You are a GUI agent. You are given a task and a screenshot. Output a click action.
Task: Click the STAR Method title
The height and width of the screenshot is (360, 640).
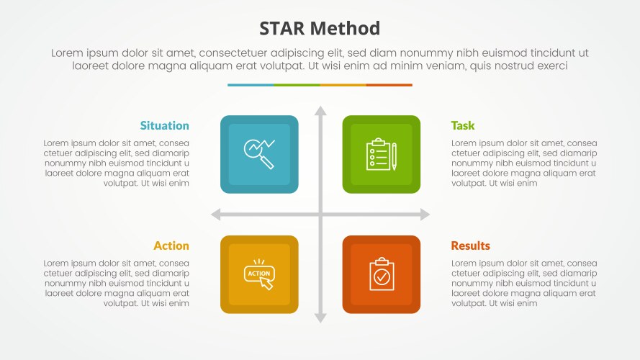[x=320, y=29]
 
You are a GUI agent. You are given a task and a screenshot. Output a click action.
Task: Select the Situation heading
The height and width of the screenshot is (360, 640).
[x=165, y=125]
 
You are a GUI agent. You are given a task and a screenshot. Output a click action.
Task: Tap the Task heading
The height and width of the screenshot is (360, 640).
[x=463, y=125]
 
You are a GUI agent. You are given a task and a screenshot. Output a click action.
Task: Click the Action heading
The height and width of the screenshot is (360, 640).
[x=171, y=246]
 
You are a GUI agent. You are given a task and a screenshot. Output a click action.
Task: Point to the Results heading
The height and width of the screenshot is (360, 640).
[x=470, y=246]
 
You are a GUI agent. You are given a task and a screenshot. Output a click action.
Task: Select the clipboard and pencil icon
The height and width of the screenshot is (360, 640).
[x=381, y=154]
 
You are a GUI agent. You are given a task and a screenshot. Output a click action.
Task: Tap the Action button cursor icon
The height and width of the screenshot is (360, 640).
[x=259, y=275]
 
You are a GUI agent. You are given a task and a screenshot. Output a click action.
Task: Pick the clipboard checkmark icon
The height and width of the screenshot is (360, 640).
[x=381, y=274]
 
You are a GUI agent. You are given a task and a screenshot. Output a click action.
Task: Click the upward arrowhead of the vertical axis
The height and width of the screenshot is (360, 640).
[x=320, y=111]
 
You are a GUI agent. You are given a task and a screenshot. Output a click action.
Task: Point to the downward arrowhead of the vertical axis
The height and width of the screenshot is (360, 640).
[x=320, y=318]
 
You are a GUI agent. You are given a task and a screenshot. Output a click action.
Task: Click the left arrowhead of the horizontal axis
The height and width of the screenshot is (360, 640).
[x=215, y=215]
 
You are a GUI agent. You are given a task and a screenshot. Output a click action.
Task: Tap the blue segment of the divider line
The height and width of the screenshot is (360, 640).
[x=251, y=85]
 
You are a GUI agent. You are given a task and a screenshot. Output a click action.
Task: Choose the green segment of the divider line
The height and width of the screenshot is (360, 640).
[x=297, y=85]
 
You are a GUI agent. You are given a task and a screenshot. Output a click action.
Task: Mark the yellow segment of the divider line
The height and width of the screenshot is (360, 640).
[x=343, y=85]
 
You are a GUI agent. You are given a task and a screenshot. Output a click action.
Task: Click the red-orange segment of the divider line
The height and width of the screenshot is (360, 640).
[x=389, y=85]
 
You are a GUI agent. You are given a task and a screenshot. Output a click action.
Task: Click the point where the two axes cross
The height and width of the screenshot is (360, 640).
[x=320, y=215]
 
